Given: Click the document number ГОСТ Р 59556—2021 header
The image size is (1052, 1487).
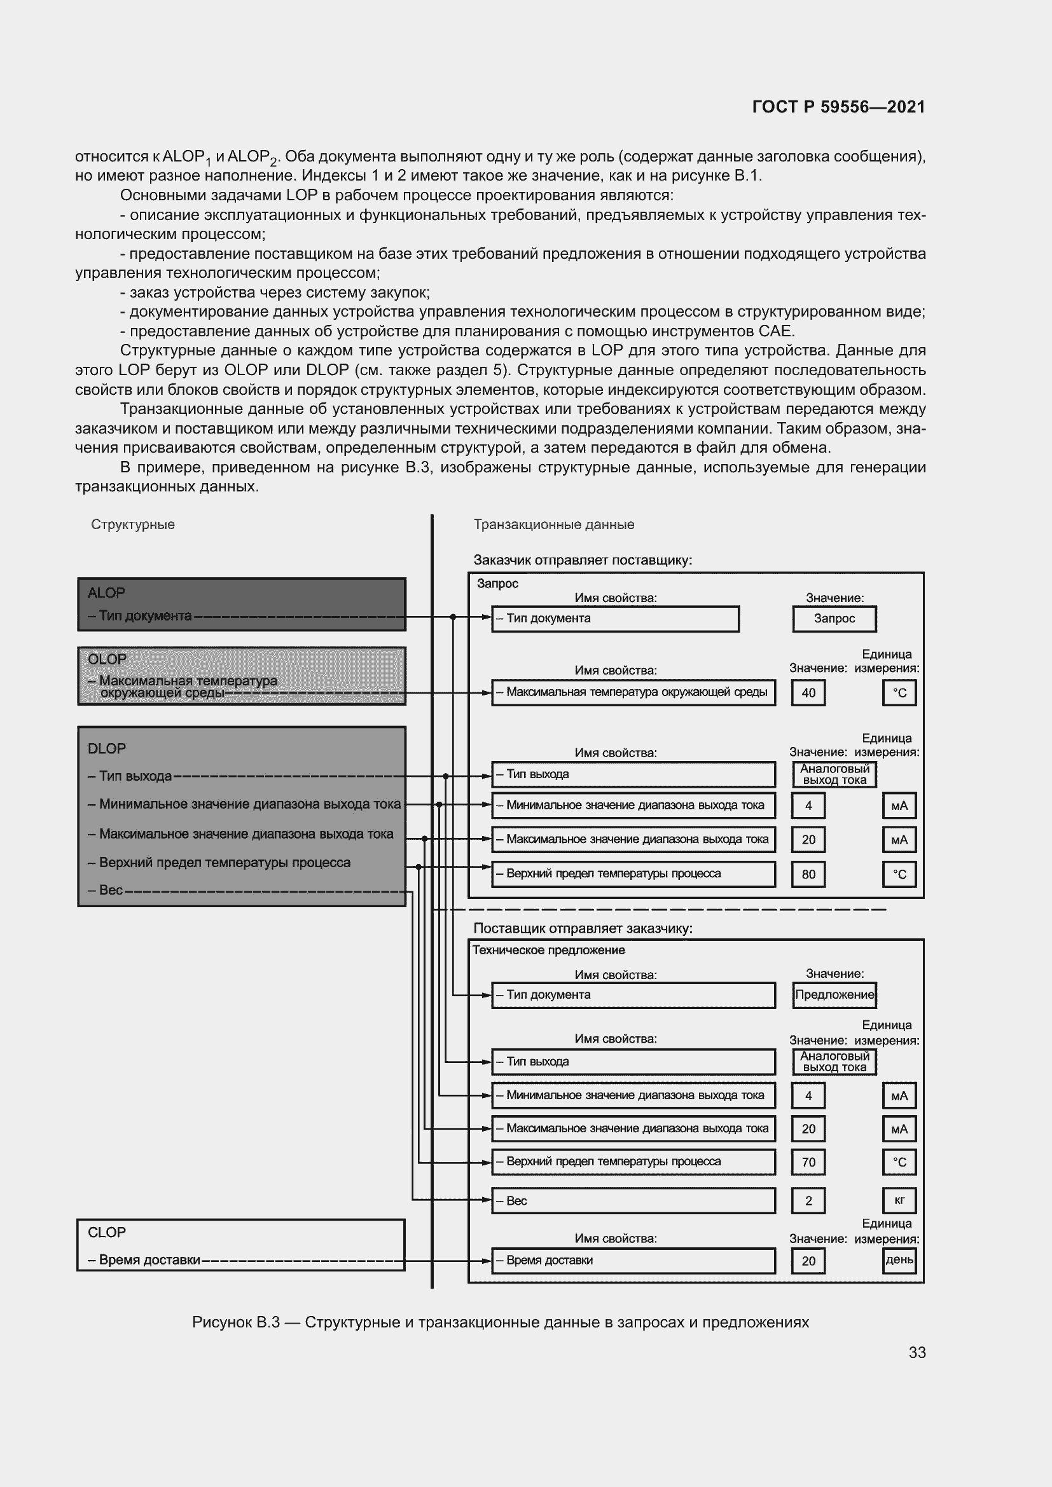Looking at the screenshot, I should [838, 107].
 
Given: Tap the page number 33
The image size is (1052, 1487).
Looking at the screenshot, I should [917, 1352].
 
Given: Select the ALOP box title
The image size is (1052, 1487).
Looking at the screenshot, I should [106, 593].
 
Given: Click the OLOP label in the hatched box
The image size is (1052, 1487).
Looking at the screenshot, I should [107, 659].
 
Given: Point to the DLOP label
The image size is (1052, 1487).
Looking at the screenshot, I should [107, 748].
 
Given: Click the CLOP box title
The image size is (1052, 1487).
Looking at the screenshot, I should [107, 1232].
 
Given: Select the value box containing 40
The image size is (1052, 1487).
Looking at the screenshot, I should [808, 693].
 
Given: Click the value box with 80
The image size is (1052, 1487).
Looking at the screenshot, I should [808, 874].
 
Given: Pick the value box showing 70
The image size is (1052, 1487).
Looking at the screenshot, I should [808, 1162].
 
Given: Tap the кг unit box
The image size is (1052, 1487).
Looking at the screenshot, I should [899, 1200].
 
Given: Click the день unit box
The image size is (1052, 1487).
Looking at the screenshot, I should [899, 1259].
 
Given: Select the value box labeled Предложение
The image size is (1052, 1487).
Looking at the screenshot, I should [834, 995].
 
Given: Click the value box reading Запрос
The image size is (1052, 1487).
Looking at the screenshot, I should [834, 619].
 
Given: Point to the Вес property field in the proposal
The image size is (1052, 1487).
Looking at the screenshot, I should [633, 1200].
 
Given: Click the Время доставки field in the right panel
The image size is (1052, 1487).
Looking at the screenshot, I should [633, 1259].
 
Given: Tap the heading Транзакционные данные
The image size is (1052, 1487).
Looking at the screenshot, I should [554, 524].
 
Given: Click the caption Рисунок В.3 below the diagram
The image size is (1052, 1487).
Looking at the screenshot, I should [500, 1322].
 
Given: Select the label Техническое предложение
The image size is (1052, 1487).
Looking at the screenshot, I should [548, 950].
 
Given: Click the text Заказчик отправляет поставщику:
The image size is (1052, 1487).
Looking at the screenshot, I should [583, 560].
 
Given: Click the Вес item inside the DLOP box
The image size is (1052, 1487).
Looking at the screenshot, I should [111, 890].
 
